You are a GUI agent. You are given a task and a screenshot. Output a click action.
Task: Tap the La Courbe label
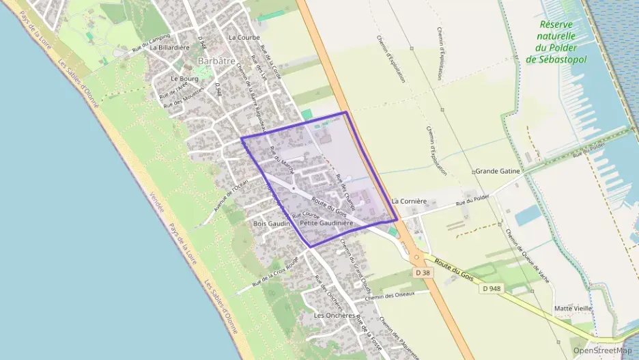[244, 37]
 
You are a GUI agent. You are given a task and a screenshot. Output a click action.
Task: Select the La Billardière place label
[169, 48]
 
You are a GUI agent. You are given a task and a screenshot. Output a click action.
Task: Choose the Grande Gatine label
[498, 171]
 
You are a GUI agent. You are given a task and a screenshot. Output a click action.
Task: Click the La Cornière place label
[409, 201]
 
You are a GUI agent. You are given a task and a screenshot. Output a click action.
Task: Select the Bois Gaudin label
[272, 223]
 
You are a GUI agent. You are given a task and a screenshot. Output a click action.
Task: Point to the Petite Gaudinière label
[326, 223]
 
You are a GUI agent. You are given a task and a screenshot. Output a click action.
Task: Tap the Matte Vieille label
[573, 309]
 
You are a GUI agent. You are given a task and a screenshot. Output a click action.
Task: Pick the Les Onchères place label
[334, 316]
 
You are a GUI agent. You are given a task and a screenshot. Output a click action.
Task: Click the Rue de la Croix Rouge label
[276, 273]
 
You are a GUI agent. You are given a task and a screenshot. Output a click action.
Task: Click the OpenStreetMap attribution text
[603, 350]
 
